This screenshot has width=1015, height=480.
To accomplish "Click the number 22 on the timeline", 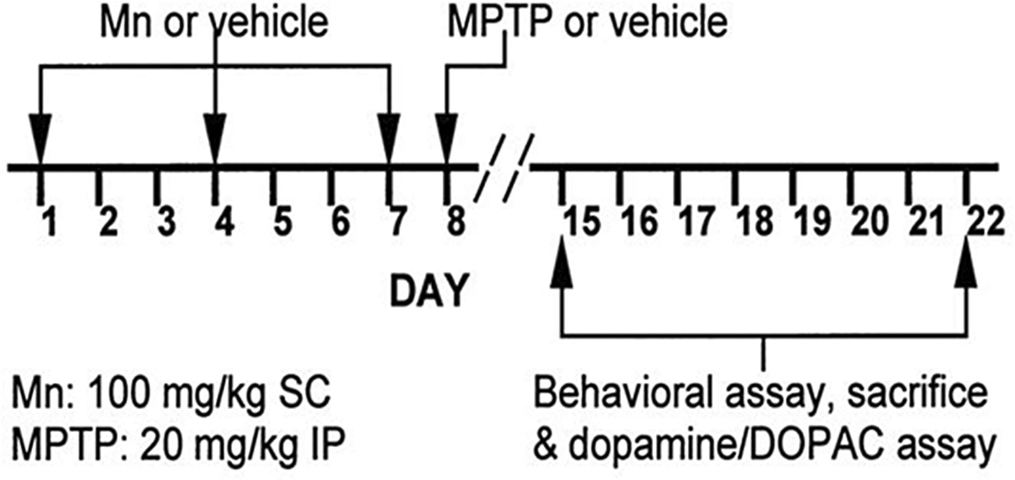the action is click(986, 223).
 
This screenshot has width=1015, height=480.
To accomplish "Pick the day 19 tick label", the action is click(814, 223).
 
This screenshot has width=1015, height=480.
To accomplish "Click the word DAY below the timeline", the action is click(430, 291).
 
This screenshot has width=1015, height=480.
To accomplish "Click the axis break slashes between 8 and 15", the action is click(503, 168).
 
